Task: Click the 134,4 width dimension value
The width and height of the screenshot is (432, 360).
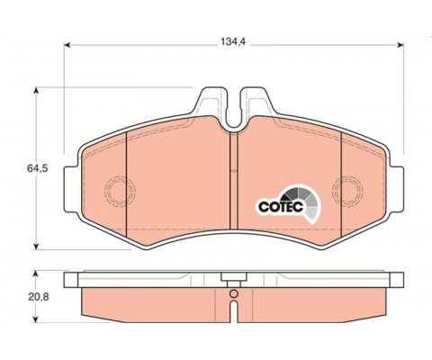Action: tap(233, 42)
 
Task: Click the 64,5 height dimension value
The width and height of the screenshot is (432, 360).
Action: tap(38, 168)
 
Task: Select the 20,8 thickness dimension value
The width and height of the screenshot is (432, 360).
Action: tap(39, 297)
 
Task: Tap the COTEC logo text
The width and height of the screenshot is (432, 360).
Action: tap(281, 207)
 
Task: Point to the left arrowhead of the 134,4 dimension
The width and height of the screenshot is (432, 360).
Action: tap(67, 45)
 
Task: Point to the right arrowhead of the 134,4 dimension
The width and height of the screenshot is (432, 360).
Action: tap(400, 45)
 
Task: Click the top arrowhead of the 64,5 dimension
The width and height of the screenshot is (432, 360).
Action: tap(36, 91)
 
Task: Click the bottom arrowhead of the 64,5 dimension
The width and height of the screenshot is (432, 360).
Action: tap(36, 247)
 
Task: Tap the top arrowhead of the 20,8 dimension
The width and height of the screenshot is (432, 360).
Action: tap(36, 274)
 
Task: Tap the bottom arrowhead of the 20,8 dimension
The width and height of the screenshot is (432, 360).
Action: tap(36, 319)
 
